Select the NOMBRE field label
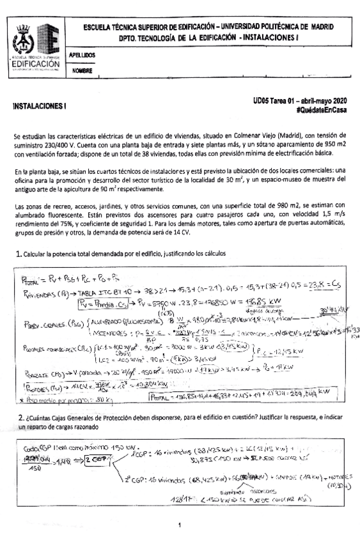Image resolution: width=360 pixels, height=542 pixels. coord(83,70)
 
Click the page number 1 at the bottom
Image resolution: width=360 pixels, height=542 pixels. coord(180,525)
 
